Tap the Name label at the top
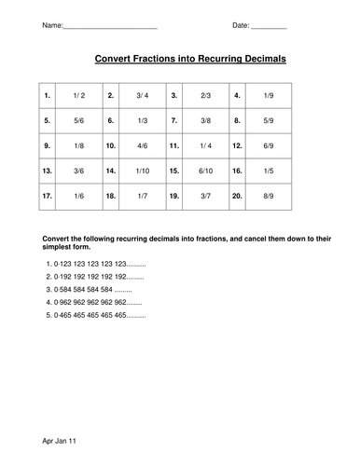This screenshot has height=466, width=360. (x=53, y=25)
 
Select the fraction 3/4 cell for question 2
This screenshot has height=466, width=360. (x=142, y=95)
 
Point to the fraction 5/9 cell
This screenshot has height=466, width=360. (x=270, y=120)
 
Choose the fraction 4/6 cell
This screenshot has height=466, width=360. (x=142, y=146)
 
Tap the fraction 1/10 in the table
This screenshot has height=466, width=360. (x=142, y=171)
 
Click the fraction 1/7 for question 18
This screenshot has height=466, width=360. (x=142, y=198)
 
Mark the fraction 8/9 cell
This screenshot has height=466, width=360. (x=270, y=198)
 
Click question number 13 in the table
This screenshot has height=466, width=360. (x=47, y=171)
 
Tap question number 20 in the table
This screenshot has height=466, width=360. (x=238, y=198)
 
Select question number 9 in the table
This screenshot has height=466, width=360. (x=47, y=146)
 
